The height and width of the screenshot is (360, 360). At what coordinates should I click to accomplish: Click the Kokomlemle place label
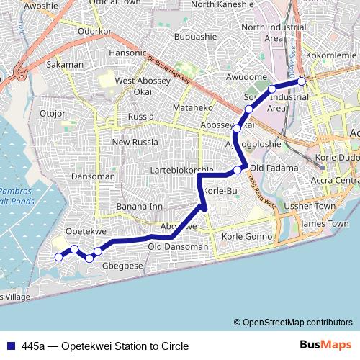pyautogui.click(x=327, y=55)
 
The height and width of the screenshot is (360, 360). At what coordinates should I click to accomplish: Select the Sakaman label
pyautogui.click(x=64, y=65)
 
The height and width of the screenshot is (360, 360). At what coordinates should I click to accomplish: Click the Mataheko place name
pyautogui.click(x=190, y=108)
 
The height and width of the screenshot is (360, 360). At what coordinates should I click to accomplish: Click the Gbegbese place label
pyautogui.click(x=122, y=265)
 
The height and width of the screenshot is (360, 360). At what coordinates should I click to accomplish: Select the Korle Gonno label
pyautogui.click(x=248, y=236)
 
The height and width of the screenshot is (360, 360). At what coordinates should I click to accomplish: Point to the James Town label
pyautogui.click(x=324, y=224)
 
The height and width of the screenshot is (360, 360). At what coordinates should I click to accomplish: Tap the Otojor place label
pyautogui.click(x=53, y=113)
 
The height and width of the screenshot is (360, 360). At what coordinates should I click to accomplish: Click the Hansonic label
pyautogui.click(x=127, y=53)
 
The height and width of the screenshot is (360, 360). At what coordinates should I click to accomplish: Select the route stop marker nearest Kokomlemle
pyautogui.click(x=302, y=81)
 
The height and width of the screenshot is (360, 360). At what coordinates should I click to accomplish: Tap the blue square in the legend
pyautogui.click(x=11, y=346)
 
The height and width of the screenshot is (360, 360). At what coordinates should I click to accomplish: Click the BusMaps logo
pyautogui.click(x=325, y=346)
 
